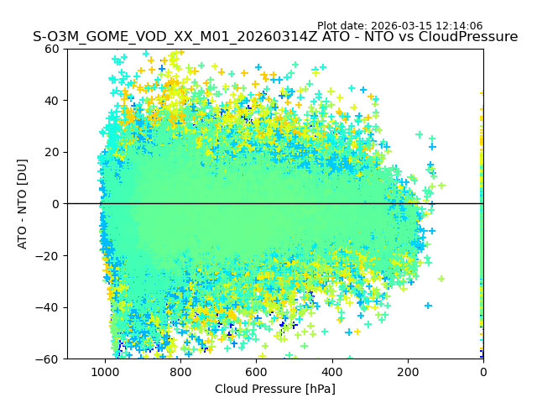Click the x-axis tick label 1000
105,371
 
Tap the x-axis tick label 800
180,371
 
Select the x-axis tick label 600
256,371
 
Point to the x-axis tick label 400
332,371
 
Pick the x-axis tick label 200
408,371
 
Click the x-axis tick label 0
483,371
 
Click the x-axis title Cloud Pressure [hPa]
275,389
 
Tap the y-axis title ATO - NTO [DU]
23,204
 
